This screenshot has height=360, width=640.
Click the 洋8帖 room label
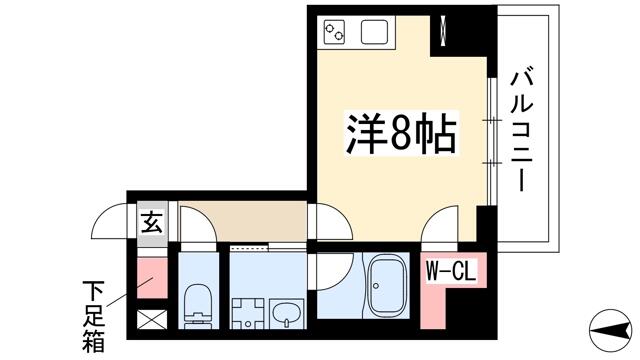click(401, 132)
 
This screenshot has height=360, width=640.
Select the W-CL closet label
click(451, 271)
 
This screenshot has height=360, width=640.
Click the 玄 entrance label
click(152, 223)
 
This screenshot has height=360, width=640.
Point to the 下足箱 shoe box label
click(94, 316)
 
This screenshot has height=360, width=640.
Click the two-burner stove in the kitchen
click(334, 31)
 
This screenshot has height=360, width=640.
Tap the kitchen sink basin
click(374, 31)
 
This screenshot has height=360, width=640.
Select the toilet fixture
click(198, 306)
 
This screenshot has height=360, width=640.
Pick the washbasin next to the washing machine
click(288, 313)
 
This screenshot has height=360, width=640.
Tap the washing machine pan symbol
click(247, 313)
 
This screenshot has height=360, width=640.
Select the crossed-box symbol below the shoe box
click(152, 320)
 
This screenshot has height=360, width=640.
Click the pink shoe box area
click(152, 278)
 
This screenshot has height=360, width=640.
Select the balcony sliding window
click(492, 141)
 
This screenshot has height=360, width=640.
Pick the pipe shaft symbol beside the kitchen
click(443, 30)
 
